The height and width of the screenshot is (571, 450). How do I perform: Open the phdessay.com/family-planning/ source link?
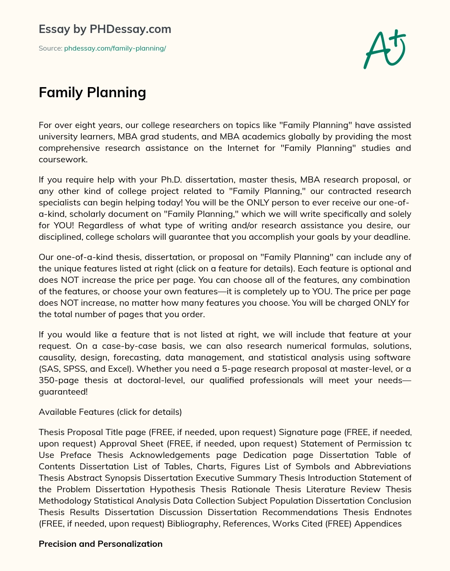(x=115, y=48)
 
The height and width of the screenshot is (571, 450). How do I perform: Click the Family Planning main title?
(x=92, y=92)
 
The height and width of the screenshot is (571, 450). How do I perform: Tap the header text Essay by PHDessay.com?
(x=105, y=29)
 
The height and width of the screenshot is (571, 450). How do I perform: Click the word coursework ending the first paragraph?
(x=62, y=159)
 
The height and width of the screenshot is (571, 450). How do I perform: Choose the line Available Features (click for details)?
(x=110, y=412)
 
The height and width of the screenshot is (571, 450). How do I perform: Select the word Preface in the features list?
(x=76, y=455)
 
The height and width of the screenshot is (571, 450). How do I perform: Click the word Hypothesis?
(x=172, y=489)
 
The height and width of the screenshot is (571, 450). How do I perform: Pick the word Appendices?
(x=378, y=523)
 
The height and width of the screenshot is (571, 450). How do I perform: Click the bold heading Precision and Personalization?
(x=101, y=544)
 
